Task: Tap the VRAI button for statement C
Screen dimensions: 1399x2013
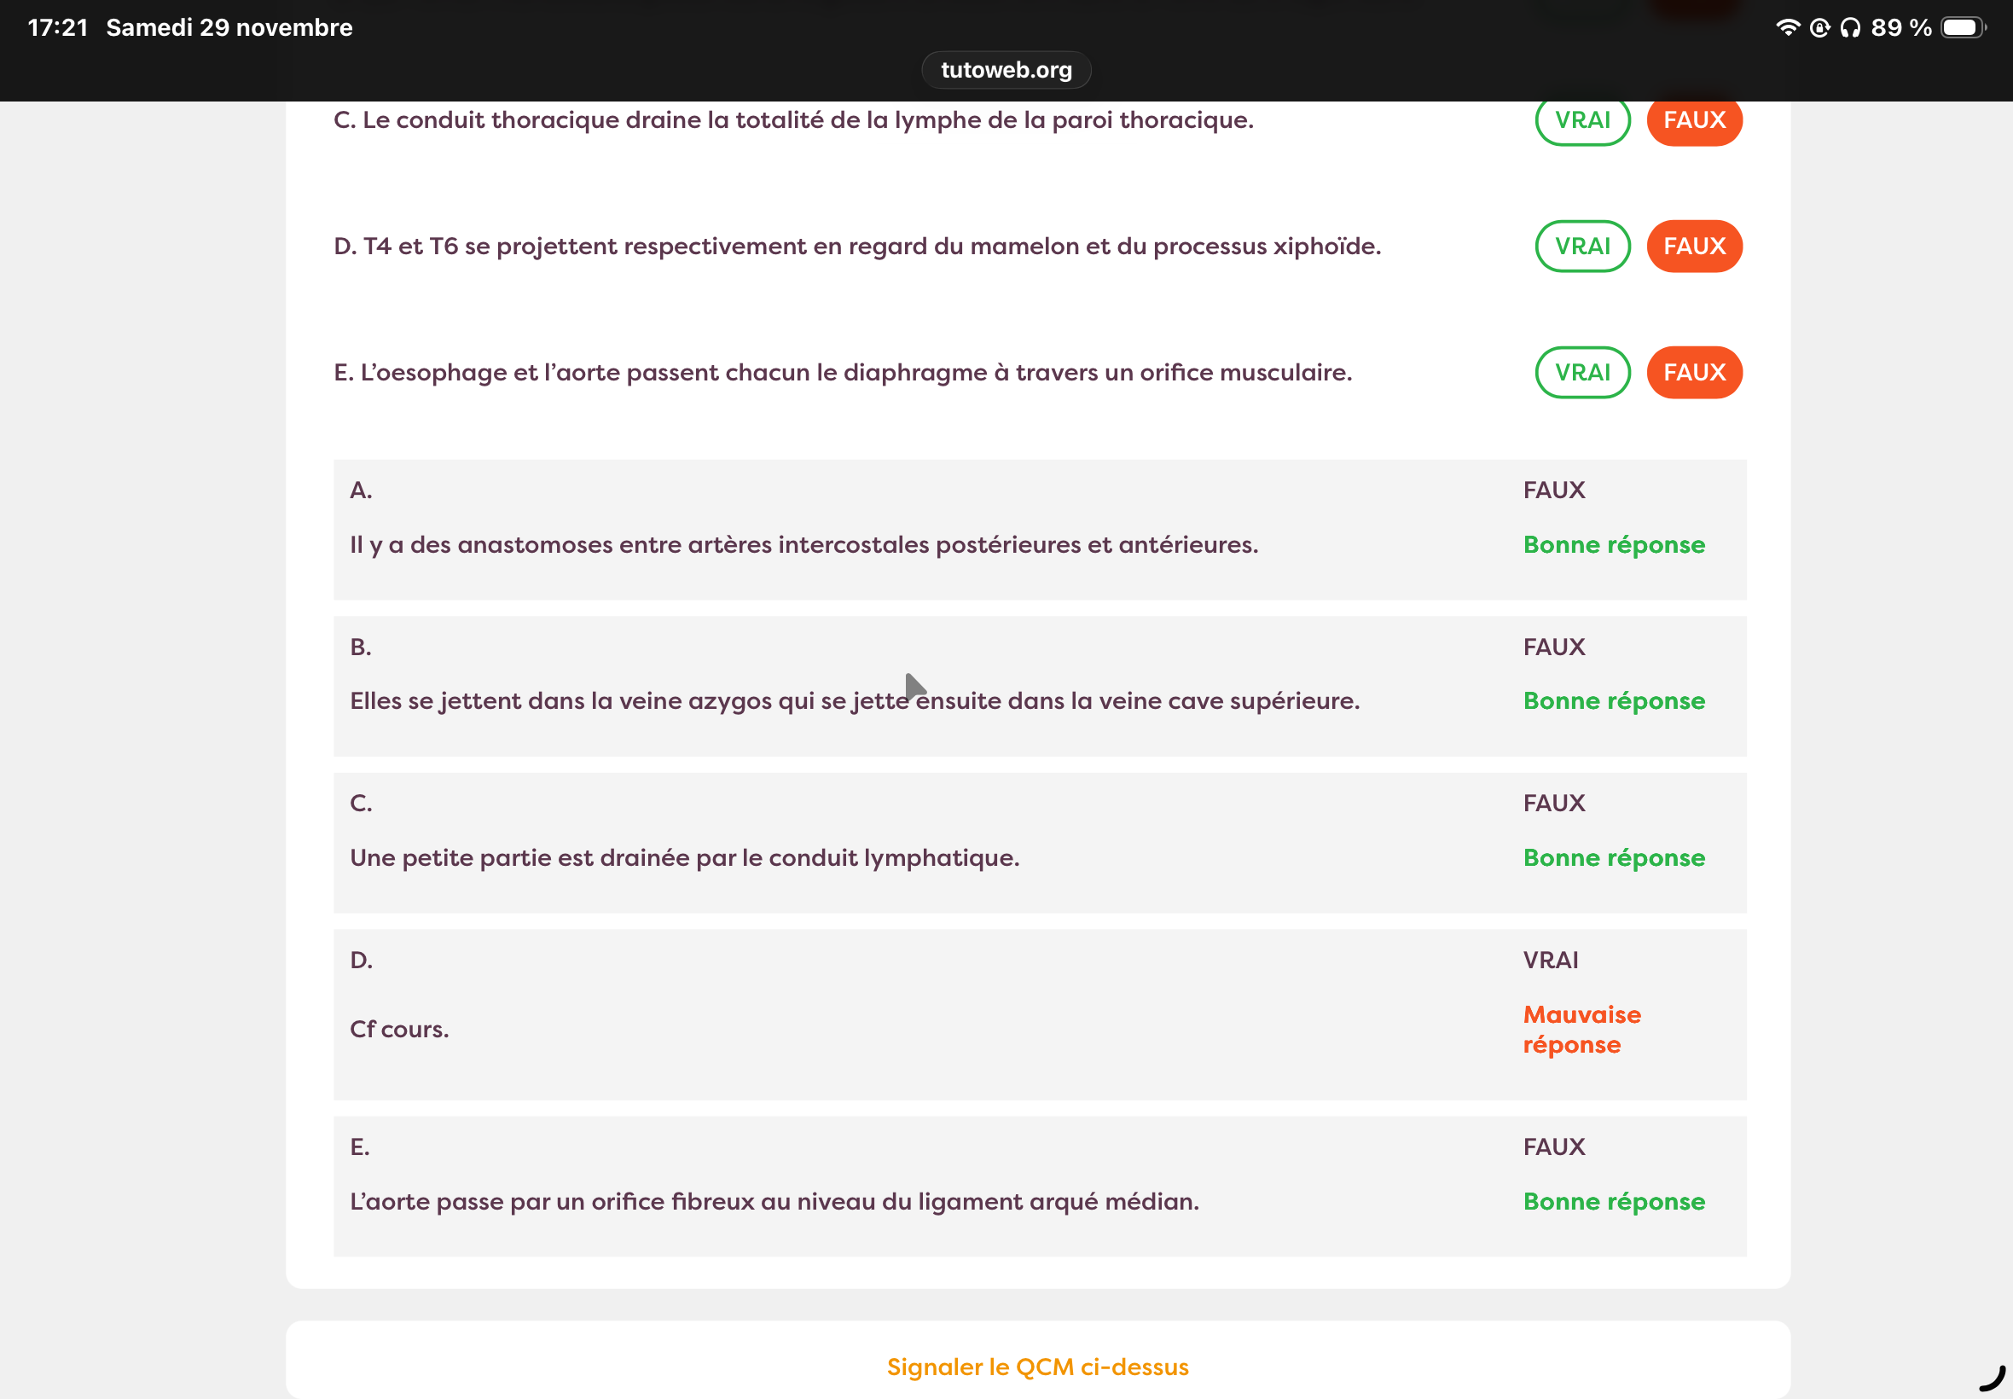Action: [1582, 120]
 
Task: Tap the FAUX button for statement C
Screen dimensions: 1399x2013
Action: [1694, 120]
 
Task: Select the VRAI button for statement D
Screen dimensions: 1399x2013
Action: [1582, 247]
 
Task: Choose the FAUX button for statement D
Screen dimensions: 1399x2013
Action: [1694, 247]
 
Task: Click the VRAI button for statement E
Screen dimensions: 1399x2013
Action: [1582, 373]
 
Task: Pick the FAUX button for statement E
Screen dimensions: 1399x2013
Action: [1694, 373]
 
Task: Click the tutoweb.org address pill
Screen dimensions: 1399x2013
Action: [1006, 70]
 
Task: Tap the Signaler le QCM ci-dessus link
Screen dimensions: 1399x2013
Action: [1037, 1367]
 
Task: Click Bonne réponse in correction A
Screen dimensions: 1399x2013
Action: [1613, 544]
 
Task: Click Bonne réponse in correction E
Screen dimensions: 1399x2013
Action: [1613, 1201]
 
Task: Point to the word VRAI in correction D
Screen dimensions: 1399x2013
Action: [1551, 960]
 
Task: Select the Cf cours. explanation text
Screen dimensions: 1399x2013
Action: [400, 1029]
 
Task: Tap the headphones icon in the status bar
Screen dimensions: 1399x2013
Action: [1850, 28]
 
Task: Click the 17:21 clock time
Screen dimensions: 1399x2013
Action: [58, 28]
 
